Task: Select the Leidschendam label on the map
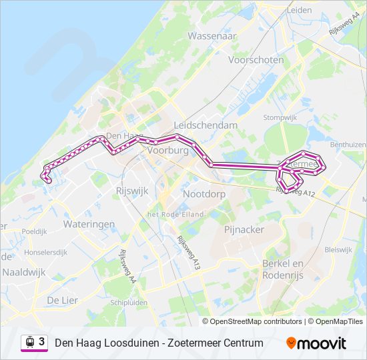coord(205,125)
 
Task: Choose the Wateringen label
coord(89,225)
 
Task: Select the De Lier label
coord(62,301)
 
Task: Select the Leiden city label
coord(300,11)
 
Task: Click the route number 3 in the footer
coord(41,342)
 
